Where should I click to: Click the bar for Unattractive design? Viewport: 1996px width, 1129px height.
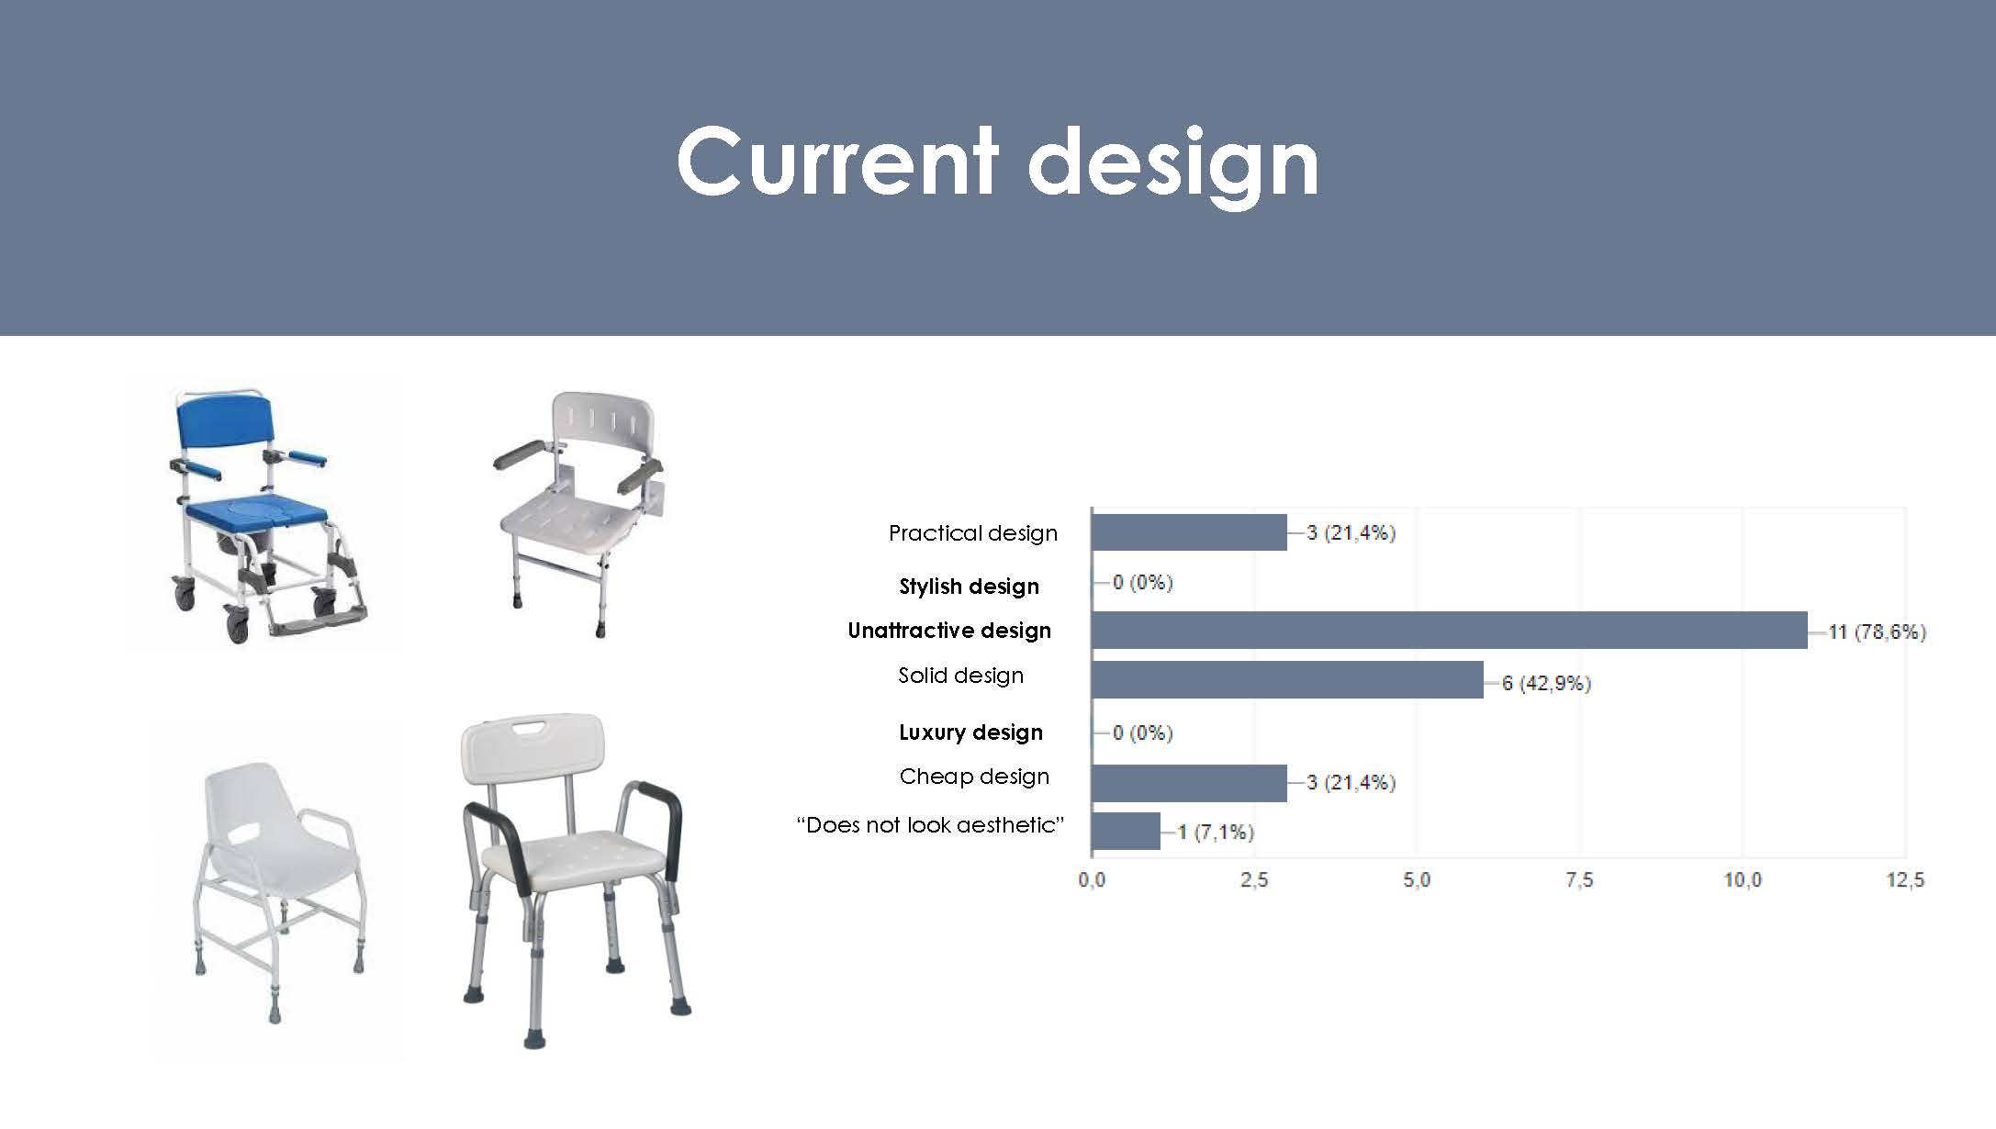click(x=1450, y=631)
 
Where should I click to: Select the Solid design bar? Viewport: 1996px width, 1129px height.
click(x=1288, y=680)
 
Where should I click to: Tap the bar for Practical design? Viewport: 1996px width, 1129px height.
click(x=1190, y=532)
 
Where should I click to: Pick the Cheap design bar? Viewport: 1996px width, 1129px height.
click(x=1190, y=783)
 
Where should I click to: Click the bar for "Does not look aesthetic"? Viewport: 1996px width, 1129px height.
click(x=1127, y=832)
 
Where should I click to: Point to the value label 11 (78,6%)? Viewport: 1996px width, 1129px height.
click(x=1877, y=632)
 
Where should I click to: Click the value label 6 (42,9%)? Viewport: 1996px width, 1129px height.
click(x=1546, y=684)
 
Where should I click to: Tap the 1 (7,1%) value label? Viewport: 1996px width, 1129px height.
click(x=1216, y=833)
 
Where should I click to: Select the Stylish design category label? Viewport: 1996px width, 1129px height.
click(x=970, y=587)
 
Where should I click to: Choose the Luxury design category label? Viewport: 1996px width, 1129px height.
click(x=970, y=732)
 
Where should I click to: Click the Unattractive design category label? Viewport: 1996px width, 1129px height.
click(x=949, y=631)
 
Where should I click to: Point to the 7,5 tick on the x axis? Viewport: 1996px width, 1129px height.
click(x=1579, y=880)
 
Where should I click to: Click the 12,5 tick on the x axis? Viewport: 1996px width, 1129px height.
click(x=1905, y=880)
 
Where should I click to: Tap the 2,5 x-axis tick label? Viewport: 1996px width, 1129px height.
click(x=1254, y=880)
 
